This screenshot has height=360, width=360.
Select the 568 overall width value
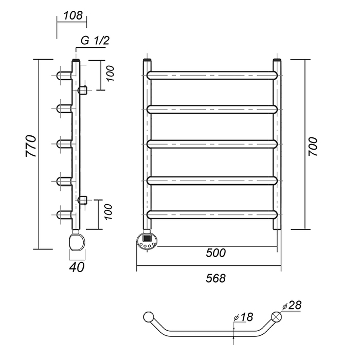click(215, 278)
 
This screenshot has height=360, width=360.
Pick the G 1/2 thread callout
click(96, 41)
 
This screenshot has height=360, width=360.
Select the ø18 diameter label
click(244, 317)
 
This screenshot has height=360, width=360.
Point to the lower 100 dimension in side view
click(108, 212)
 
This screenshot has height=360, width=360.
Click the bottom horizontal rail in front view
click(212, 214)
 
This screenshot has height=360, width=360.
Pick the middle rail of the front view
click(212, 145)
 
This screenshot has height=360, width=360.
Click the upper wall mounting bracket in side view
click(83, 91)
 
